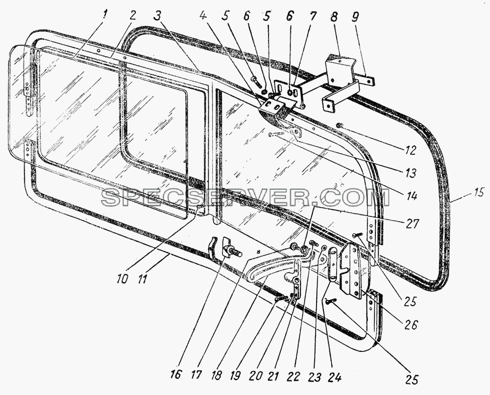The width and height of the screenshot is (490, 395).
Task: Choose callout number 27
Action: (412, 223)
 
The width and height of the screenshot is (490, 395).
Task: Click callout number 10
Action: (122, 279)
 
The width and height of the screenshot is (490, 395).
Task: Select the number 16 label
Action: (176, 373)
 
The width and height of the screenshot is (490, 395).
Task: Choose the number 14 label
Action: (412, 196)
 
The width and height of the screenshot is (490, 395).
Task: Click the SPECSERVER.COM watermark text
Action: (245, 197)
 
